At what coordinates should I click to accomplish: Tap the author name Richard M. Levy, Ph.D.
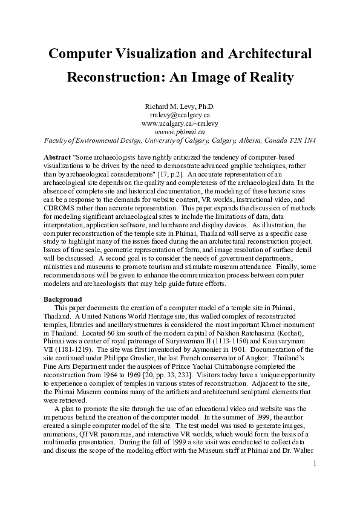[x=180, y=106]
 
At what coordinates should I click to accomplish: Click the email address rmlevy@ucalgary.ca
[x=180, y=114]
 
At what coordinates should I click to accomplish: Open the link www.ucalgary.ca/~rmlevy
[x=180, y=123]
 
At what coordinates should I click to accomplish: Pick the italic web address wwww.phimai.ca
[x=180, y=131]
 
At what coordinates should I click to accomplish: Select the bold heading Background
[x=62, y=299]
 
